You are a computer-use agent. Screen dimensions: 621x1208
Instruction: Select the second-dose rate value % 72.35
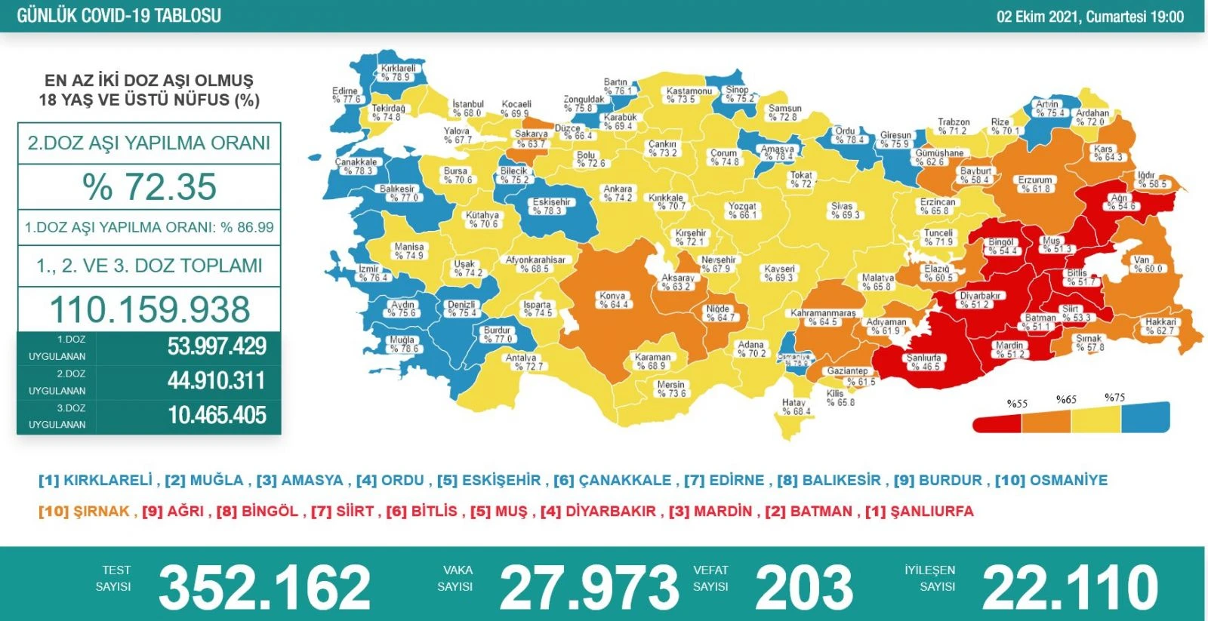[149, 187]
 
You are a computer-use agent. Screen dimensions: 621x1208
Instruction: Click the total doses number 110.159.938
[149, 309]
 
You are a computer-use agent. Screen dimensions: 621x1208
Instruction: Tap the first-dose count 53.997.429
[217, 346]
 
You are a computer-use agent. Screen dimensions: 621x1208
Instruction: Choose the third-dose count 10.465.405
[217, 415]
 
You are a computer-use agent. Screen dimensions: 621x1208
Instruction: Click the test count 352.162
[264, 587]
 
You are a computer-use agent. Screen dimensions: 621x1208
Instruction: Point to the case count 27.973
[589, 587]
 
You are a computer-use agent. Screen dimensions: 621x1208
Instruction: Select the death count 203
[803, 587]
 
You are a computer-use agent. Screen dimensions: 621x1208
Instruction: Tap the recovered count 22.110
[1070, 587]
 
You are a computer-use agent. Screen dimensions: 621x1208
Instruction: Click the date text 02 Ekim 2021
[1039, 17]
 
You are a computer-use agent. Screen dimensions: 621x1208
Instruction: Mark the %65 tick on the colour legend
[1066, 399]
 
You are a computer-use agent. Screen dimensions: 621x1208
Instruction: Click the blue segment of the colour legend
[1145, 418]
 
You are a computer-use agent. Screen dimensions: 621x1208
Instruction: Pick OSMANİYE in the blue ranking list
[1068, 480]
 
